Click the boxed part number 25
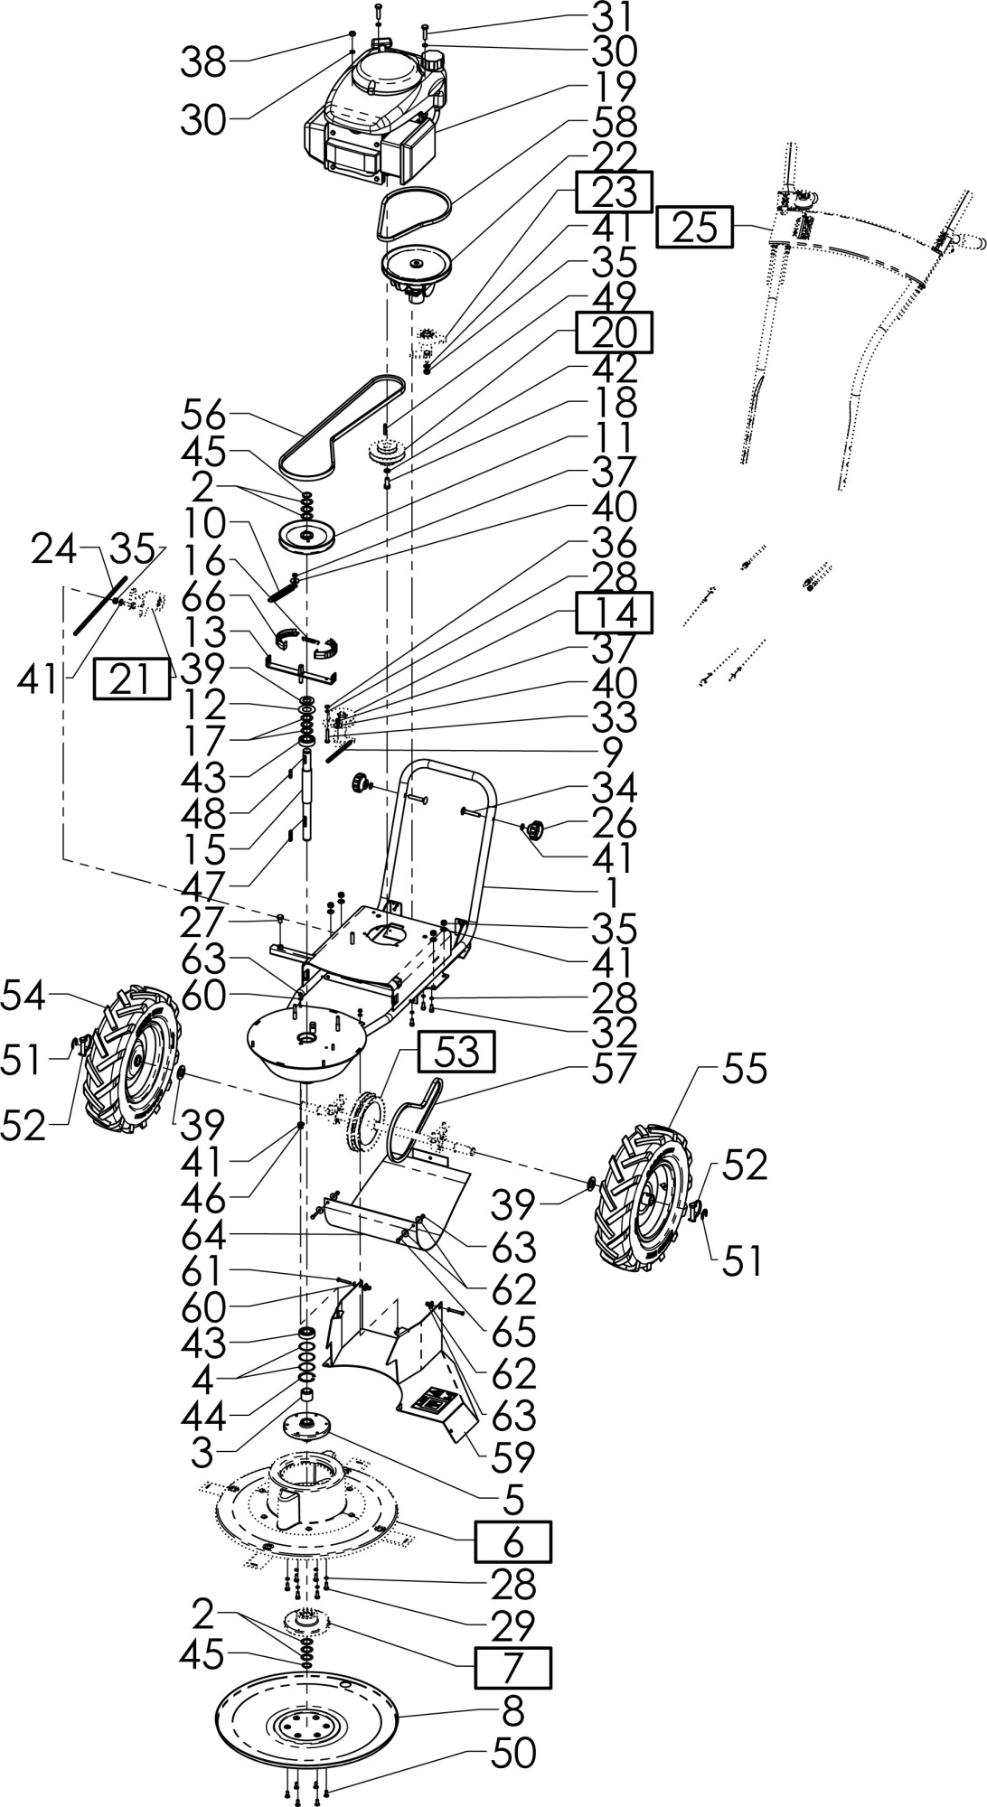(x=694, y=228)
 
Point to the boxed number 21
(x=131, y=679)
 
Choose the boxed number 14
(x=614, y=613)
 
